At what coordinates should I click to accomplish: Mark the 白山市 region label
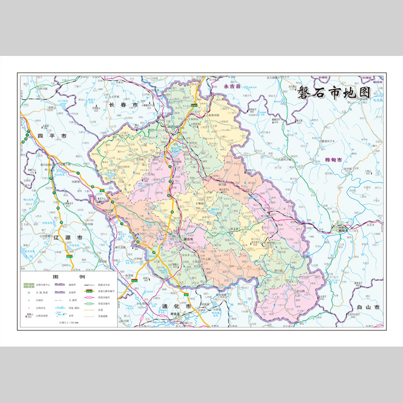368,307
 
